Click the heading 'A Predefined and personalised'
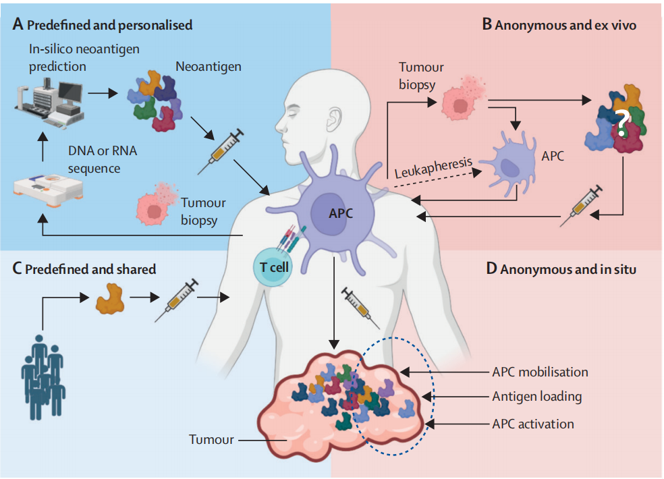click(x=103, y=25)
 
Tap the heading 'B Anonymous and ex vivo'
click(x=559, y=25)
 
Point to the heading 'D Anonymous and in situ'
click(x=563, y=269)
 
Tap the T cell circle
click(x=275, y=267)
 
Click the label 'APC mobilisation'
click(x=540, y=372)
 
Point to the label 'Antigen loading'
click(x=536, y=397)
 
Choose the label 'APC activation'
click(x=533, y=424)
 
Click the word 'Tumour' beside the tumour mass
click(x=211, y=440)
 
